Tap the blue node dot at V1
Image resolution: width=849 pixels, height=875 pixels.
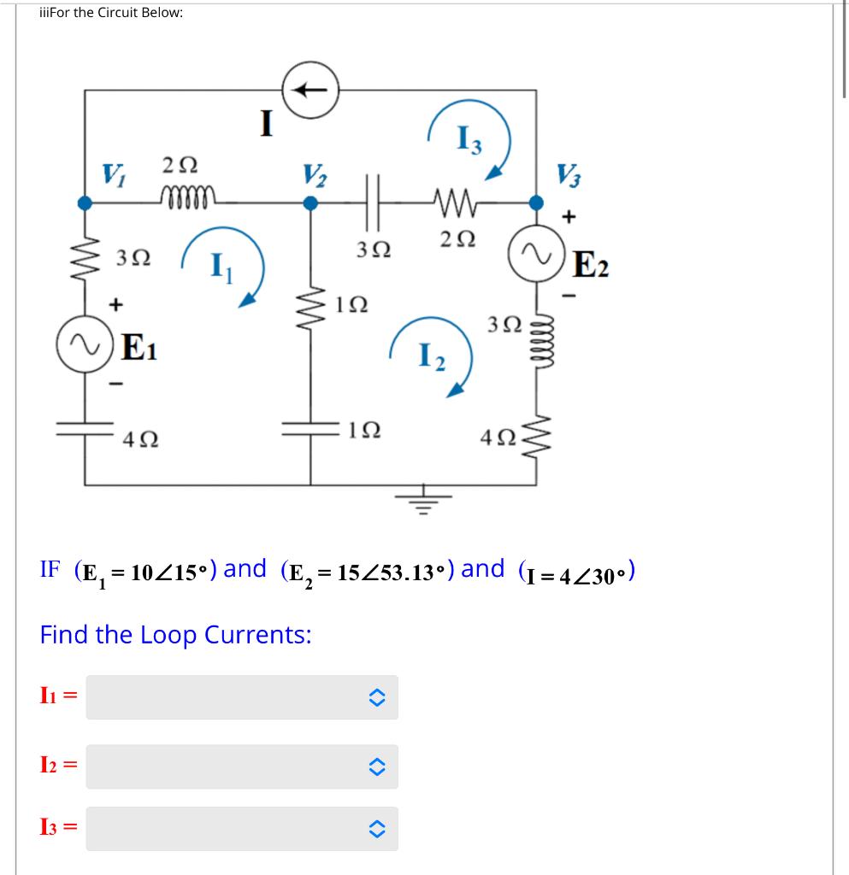[x=85, y=203]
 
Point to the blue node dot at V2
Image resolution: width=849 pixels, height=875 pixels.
[x=311, y=203]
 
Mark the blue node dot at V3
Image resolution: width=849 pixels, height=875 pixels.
[x=536, y=203]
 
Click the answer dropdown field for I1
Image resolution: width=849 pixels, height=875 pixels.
[x=242, y=697]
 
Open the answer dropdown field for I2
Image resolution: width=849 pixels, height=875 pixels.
[x=242, y=766]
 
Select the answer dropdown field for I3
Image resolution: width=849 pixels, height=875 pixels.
[x=242, y=828]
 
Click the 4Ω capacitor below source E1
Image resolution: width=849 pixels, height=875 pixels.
[x=85, y=430]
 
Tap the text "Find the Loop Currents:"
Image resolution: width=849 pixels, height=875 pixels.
[x=175, y=635]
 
